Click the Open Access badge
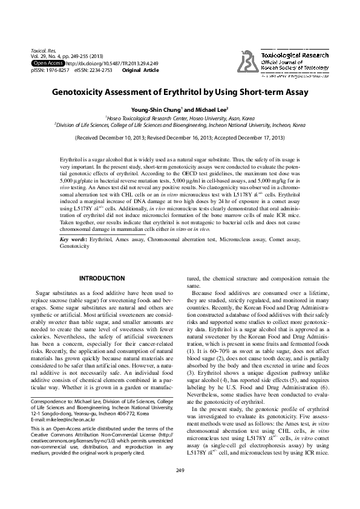[x=48, y=63]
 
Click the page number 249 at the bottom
[x=180, y=487]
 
